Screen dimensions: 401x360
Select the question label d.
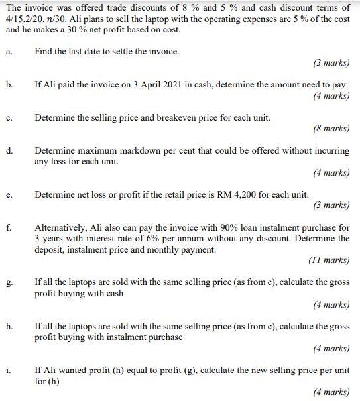click(9, 150)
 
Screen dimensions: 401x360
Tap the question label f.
click(8, 227)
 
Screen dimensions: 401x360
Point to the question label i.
click(8, 370)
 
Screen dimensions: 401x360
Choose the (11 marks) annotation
click(330, 260)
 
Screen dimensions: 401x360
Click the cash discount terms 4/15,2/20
click(27, 19)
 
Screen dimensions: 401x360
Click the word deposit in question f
click(51, 249)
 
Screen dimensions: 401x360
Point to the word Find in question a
click(44, 51)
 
